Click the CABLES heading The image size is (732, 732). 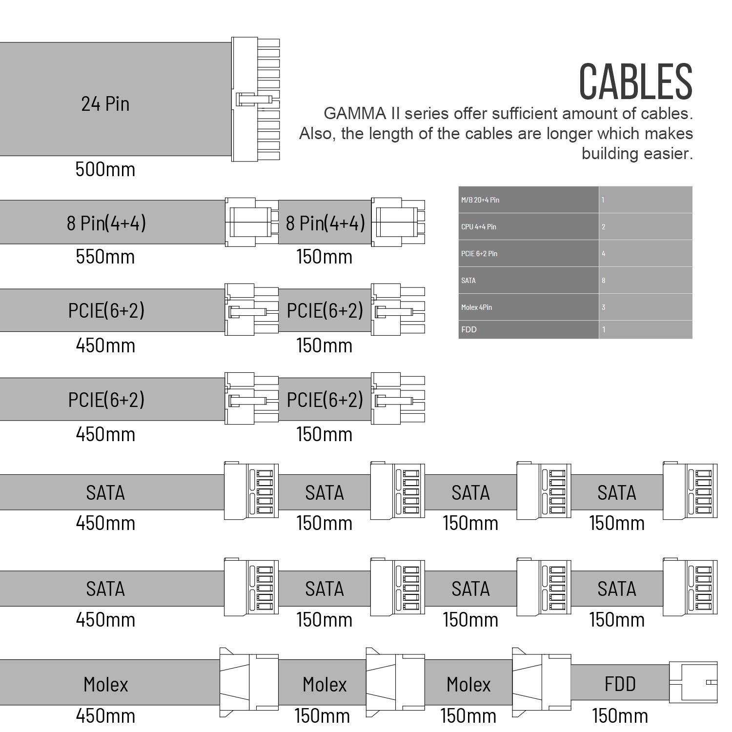pyautogui.click(x=636, y=81)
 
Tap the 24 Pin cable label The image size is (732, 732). pyautogui.click(x=105, y=104)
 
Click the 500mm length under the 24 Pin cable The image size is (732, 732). pyautogui.click(x=105, y=169)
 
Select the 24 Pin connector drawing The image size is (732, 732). pyautogui.click(x=255, y=100)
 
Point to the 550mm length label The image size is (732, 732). pyautogui.click(x=105, y=257)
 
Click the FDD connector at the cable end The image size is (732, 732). pyautogui.click(x=693, y=682)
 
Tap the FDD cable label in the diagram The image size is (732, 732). pyautogui.click(x=620, y=684)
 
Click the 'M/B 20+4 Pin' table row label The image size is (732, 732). pyautogui.click(x=480, y=200)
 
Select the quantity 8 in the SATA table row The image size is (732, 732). pyautogui.click(x=604, y=280)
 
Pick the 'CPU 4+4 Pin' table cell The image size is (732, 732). pyautogui.click(x=529, y=226)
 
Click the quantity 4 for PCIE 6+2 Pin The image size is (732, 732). pyautogui.click(x=604, y=253)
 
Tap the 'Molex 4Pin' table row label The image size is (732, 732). pyautogui.click(x=476, y=307)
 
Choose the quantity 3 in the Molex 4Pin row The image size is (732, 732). pyautogui.click(x=604, y=307)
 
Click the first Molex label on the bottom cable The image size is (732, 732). pyautogui.click(x=105, y=684)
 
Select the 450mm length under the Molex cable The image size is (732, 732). pyautogui.click(x=105, y=716)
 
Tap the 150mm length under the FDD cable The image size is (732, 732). pyautogui.click(x=620, y=716)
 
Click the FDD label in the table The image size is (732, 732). pyautogui.click(x=469, y=329)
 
